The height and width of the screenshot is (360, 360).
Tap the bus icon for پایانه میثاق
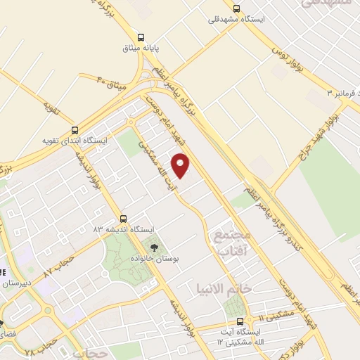pyautogui.click(x=141, y=37)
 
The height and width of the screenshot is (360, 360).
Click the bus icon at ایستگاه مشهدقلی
pyautogui.click(x=237, y=8)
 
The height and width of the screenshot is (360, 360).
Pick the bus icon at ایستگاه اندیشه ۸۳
pyautogui.click(x=124, y=218)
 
